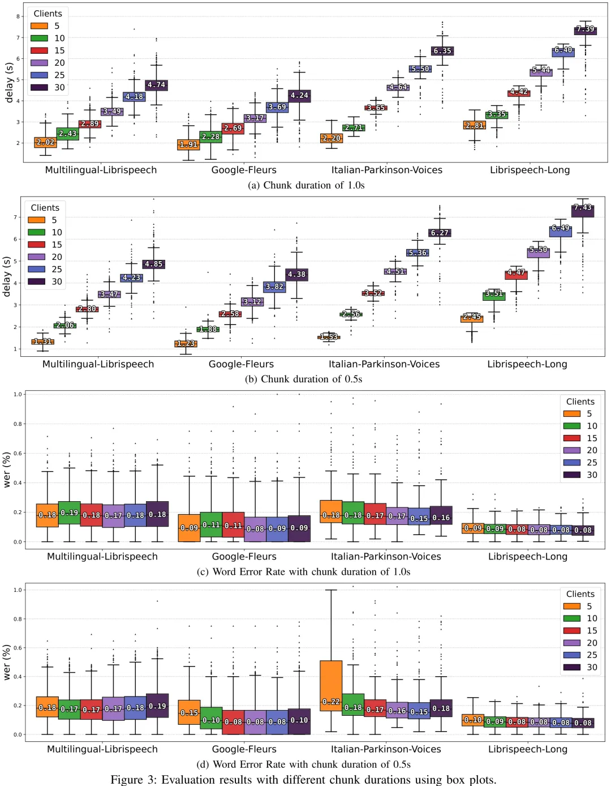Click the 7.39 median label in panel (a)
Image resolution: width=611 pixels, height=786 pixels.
585,29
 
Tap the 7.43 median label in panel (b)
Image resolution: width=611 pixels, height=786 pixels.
583,208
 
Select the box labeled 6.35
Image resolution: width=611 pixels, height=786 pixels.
442,51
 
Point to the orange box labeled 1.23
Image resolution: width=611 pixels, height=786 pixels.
186,344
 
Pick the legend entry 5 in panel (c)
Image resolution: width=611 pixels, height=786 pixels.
579,414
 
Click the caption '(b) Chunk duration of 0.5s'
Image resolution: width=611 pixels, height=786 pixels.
303,379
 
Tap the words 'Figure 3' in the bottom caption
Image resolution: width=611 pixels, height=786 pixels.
134,779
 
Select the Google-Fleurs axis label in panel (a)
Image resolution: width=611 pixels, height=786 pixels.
244,170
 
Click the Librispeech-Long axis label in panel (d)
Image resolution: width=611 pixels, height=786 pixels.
528,749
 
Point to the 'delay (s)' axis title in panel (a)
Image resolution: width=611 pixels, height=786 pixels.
9,83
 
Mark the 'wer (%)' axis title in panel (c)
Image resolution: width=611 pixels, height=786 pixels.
7,469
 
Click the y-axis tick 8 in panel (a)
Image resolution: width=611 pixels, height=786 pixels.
18,16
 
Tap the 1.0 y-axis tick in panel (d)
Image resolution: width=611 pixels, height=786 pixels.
17,589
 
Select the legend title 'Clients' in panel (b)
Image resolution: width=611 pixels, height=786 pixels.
45,208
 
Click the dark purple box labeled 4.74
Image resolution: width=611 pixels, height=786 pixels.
156,86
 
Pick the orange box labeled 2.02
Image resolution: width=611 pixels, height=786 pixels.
45,143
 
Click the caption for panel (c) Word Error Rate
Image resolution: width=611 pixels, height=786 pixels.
303,571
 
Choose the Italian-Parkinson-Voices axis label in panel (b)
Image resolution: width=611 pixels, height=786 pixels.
384,364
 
